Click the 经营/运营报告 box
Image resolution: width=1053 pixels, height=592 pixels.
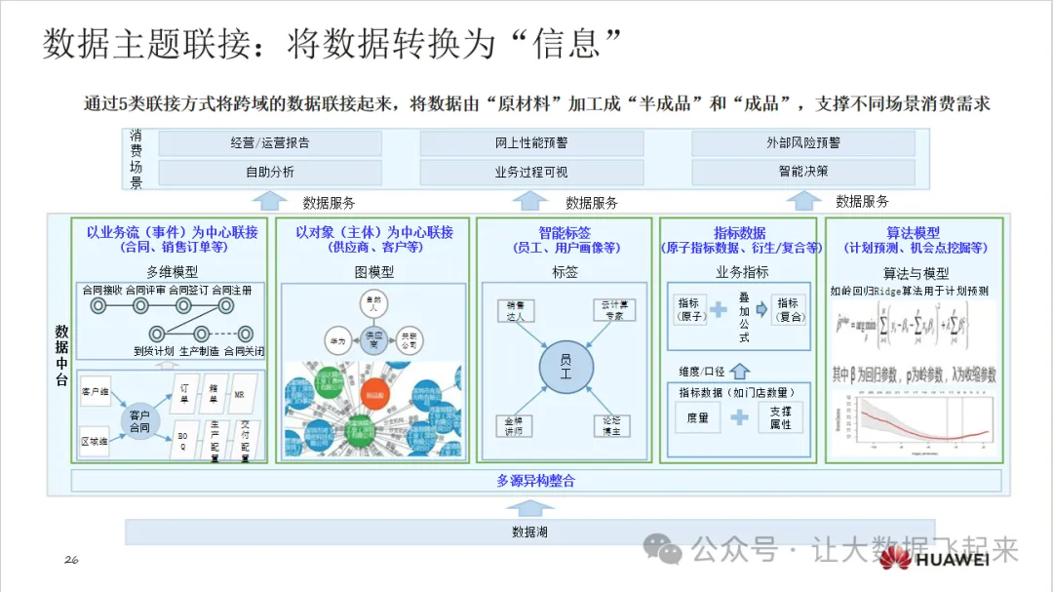click(270, 143)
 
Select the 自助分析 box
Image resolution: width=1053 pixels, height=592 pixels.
click(270, 173)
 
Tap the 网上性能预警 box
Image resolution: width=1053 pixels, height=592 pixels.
click(531, 143)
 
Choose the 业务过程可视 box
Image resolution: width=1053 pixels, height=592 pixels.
click(531, 173)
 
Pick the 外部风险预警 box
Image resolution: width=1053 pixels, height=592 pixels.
click(803, 143)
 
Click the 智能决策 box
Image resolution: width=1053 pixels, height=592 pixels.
click(803, 173)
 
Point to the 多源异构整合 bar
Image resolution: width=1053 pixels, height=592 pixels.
click(536, 481)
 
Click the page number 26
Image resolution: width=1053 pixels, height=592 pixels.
click(71, 559)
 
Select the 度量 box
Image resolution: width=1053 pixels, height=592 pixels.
click(698, 417)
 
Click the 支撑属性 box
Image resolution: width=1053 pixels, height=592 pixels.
click(780, 417)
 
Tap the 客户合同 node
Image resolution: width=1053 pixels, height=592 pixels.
click(140, 421)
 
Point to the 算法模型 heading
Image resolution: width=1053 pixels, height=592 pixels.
click(914, 233)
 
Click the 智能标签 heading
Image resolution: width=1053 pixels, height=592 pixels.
click(565, 233)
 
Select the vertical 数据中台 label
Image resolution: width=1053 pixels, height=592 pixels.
click(61, 356)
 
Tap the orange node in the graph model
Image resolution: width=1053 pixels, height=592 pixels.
click(371, 394)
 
